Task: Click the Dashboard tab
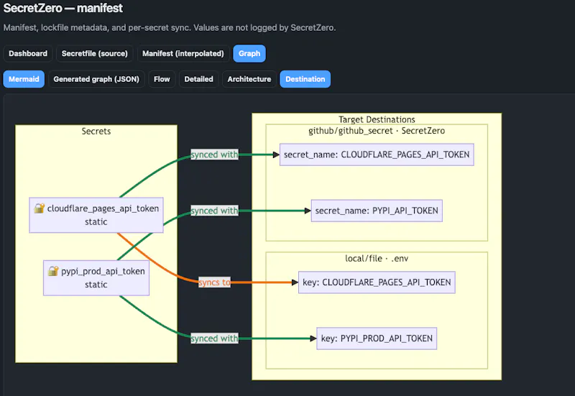pos(28,53)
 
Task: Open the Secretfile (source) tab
pos(95,53)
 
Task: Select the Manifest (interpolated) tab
pos(183,53)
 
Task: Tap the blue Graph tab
pos(249,53)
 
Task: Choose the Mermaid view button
pos(24,79)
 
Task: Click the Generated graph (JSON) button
pos(96,79)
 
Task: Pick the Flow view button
pos(162,79)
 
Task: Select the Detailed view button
pos(199,79)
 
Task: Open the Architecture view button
pos(249,79)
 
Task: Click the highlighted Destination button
pos(305,79)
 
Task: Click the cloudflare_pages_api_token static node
pos(96,215)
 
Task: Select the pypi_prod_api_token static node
pos(96,278)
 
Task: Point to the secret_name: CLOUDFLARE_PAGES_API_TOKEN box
pos(377,155)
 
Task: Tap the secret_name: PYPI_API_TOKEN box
pos(377,211)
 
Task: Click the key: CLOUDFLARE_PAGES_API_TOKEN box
pos(377,282)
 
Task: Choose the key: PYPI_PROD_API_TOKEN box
pos(377,339)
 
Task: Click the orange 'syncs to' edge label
pos(214,282)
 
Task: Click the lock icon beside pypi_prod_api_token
pos(53,271)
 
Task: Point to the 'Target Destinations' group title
pos(377,119)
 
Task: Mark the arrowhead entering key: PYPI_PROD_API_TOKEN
pos(313,339)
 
